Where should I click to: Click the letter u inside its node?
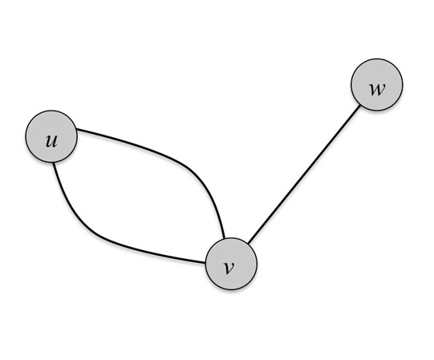tap(51, 140)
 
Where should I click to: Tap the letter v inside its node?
tap(229, 268)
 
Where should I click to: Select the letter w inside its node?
tap(377, 89)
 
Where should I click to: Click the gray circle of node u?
tap(51, 136)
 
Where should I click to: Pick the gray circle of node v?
tap(231, 264)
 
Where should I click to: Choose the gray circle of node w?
tap(377, 85)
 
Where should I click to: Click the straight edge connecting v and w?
tap(304, 174)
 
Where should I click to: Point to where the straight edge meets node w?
tap(360, 105)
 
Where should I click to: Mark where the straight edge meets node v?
tap(248, 244)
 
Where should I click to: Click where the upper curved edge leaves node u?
tap(77, 129)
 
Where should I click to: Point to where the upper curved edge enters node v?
tap(224, 238)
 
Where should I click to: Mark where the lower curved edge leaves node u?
tap(54, 163)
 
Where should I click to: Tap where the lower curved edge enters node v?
tap(205, 262)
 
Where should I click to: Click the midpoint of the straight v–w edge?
tap(304, 174)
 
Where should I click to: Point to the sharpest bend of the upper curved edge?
tap(194, 172)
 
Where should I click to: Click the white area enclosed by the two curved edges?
tap(139, 199)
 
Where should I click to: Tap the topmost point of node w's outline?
tap(377, 59)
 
